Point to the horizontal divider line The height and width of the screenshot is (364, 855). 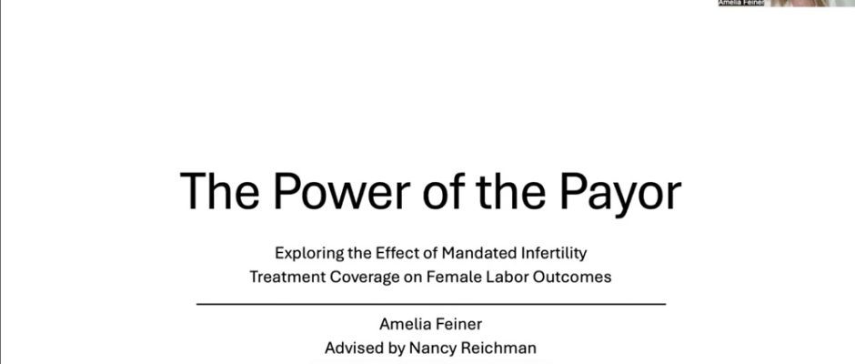click(x=431, y=303)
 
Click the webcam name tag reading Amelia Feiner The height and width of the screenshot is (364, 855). click(x=741, y=3)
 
